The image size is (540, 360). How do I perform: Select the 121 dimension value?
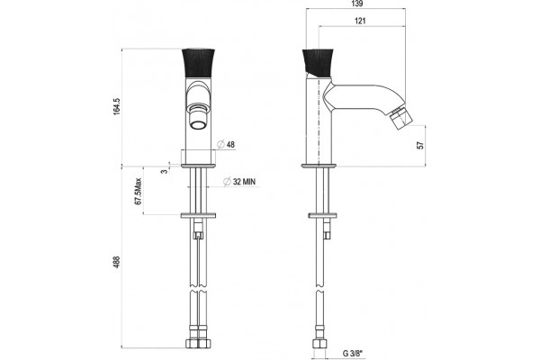tap(360, 22)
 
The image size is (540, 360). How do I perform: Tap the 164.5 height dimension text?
tap(117, 106)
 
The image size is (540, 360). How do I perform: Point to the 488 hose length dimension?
tap(117, 262)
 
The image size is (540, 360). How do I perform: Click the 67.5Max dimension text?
tap(138, 192)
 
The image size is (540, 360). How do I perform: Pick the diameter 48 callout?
tap(227, 144)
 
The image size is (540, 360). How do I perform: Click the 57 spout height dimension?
tap(420, 145)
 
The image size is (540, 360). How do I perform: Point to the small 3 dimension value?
tap(165, 170)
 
